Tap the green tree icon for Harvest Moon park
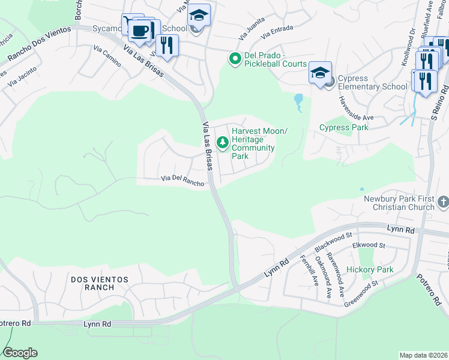223,142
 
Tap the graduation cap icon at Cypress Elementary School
321,73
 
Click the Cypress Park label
344,127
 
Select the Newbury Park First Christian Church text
399,203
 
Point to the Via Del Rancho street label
182,181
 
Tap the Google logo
20,353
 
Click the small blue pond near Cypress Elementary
298,102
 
